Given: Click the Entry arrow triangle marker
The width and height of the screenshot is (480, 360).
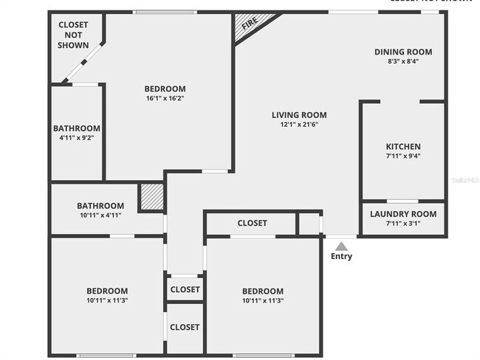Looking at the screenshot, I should click(x=340, y=246).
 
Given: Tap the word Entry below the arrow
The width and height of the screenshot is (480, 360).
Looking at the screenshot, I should click(x=341, y=257).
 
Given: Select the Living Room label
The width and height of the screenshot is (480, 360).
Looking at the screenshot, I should click(x=299, y=115).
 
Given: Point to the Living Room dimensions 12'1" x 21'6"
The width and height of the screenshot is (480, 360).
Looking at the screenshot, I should click(x=299, y=125).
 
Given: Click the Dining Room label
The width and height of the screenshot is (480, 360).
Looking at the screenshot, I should click(x=402, y=52).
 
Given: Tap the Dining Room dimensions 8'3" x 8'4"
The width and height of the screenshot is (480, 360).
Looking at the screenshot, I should click(x=402, y=62).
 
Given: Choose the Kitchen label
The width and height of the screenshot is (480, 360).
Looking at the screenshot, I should click(x=403, y=147).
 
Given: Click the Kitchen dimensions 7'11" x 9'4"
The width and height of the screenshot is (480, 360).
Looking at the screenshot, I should click(x=403, y=156).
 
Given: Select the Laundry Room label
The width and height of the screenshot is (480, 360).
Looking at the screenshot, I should click(x=403, y=214).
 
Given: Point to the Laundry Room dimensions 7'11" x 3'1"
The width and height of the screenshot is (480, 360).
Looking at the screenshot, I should click(x=403, y=224).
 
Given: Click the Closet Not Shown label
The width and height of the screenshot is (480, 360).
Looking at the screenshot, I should click(x=73, y=35).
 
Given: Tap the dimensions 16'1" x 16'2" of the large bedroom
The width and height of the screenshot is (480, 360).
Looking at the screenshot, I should click(x=165, y=99).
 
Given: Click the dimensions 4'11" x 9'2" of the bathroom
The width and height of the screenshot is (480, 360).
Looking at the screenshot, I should click(x=76, y=137).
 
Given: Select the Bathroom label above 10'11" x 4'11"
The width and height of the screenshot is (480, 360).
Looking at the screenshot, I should click(x=100, y=206).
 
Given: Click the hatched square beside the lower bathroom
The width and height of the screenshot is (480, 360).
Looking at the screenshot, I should click(x=151, y=197).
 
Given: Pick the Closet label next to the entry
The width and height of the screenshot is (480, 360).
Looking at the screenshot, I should click(x=252, y=223).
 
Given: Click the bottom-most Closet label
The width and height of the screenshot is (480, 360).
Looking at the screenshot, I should click(x=185, y=327).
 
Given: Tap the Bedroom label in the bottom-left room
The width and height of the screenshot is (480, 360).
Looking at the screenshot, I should click(x=107, y=291).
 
